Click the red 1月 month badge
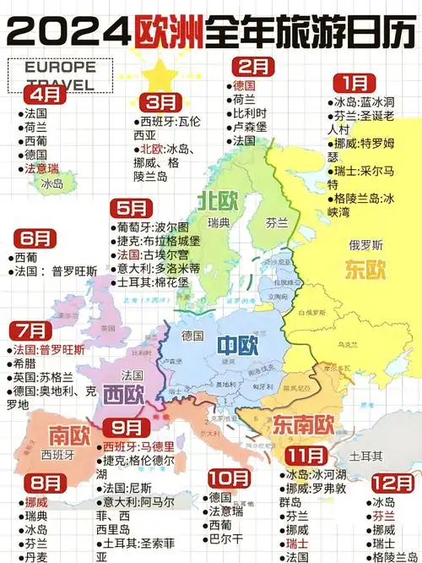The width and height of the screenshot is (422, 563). tap(354, 83)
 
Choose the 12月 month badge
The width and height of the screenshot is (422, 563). tap(392, 483)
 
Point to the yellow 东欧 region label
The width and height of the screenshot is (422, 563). tap(365, 270)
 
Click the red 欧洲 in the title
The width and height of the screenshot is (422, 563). tap(166, 32)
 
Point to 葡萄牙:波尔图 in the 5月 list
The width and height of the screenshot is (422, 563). tap(153, 227)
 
